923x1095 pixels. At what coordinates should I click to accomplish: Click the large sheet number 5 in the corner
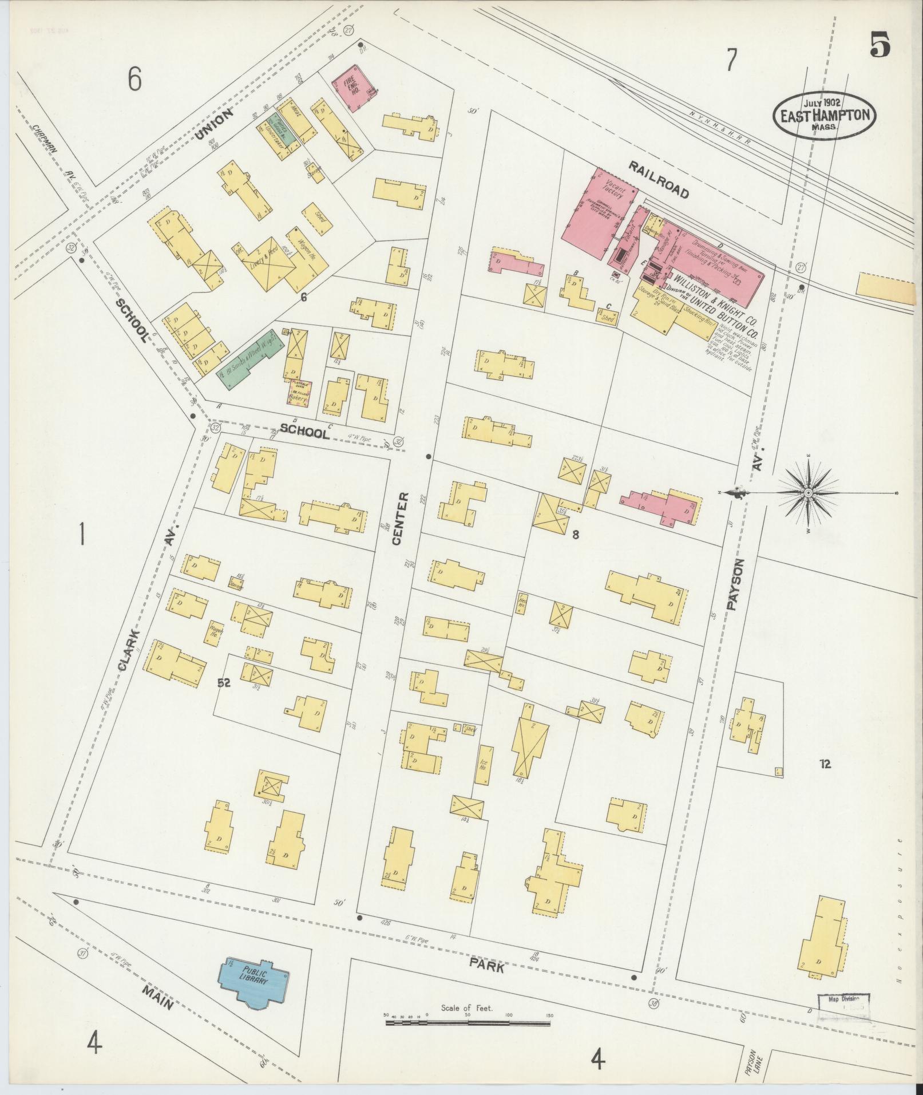click(x=880, y=44)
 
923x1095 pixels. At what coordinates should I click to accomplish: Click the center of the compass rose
click(x=807, y=493)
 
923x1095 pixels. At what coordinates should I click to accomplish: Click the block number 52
click(x=223, y=682)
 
